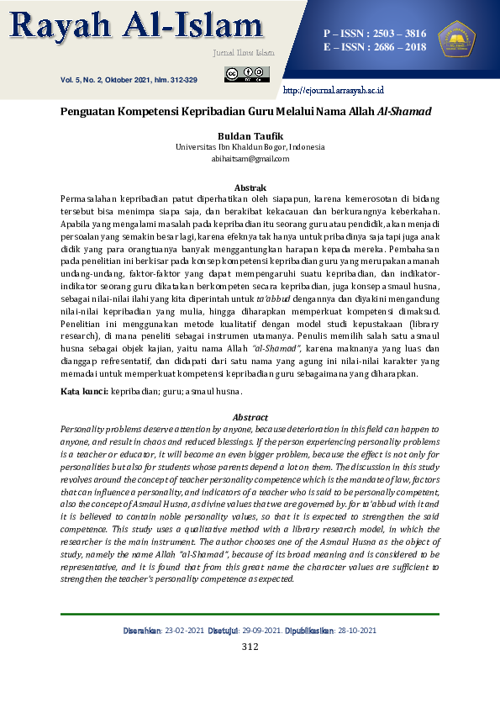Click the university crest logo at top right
click(456, 39)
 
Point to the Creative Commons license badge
click(247, 75)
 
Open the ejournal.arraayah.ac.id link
click(334, 89)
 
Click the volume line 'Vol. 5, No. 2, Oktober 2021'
click(129, 80)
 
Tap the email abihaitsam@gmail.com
click(250, 158)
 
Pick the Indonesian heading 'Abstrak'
click(250, 188)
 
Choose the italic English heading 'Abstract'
click(250, 417)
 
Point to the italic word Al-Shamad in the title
click(404, 111)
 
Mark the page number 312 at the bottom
click(250, 647)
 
